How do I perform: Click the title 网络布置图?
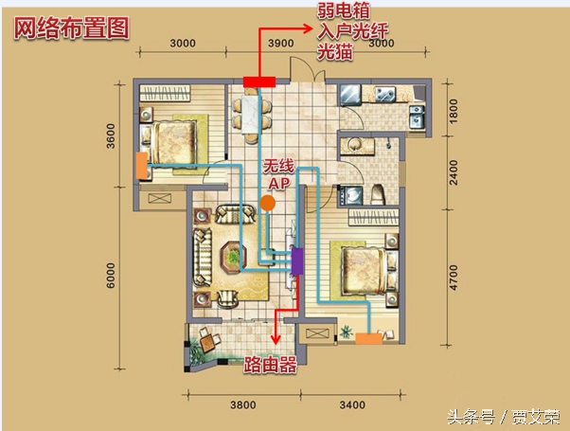pos(71,27)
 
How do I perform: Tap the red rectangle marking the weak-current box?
pos(258,81)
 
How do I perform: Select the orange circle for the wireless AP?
pos(269,203)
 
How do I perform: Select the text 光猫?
pos(335,55)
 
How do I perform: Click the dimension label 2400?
pos(453,174)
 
